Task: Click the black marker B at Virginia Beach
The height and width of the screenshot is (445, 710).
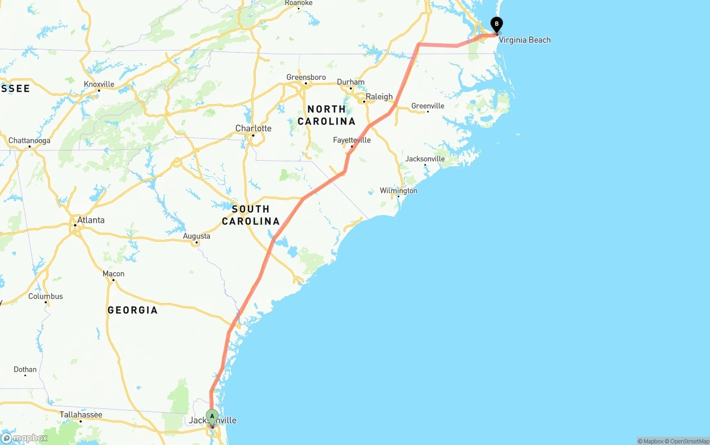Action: point(496,24)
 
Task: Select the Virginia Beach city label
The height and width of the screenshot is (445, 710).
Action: point(524,40)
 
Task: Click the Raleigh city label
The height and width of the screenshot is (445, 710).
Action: point(379,96)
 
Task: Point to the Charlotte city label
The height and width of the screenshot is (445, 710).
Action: point(253,129)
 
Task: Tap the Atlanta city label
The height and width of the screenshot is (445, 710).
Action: point(90,220)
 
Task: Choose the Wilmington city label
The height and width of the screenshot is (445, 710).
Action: point(398,191)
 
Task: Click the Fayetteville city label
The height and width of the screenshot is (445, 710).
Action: point(352,140)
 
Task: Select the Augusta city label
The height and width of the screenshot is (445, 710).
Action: point(196,236)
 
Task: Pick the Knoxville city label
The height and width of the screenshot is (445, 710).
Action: point(99,84)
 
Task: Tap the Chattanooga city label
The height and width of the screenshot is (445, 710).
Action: point(29,141)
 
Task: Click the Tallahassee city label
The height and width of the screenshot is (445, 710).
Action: point(80,415)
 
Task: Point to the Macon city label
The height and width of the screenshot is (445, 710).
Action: point(113,274)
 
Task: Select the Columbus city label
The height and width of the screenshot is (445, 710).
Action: point(45,296)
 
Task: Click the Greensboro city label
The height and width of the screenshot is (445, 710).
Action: point(306,77)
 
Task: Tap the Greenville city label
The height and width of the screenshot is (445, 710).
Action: point(427,106)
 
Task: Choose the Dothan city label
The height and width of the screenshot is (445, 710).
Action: point(25,370)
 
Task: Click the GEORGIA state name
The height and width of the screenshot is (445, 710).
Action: point(133,310)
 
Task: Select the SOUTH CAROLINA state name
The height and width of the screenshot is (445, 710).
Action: point(251,215)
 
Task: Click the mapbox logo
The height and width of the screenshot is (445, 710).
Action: point(24,438)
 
